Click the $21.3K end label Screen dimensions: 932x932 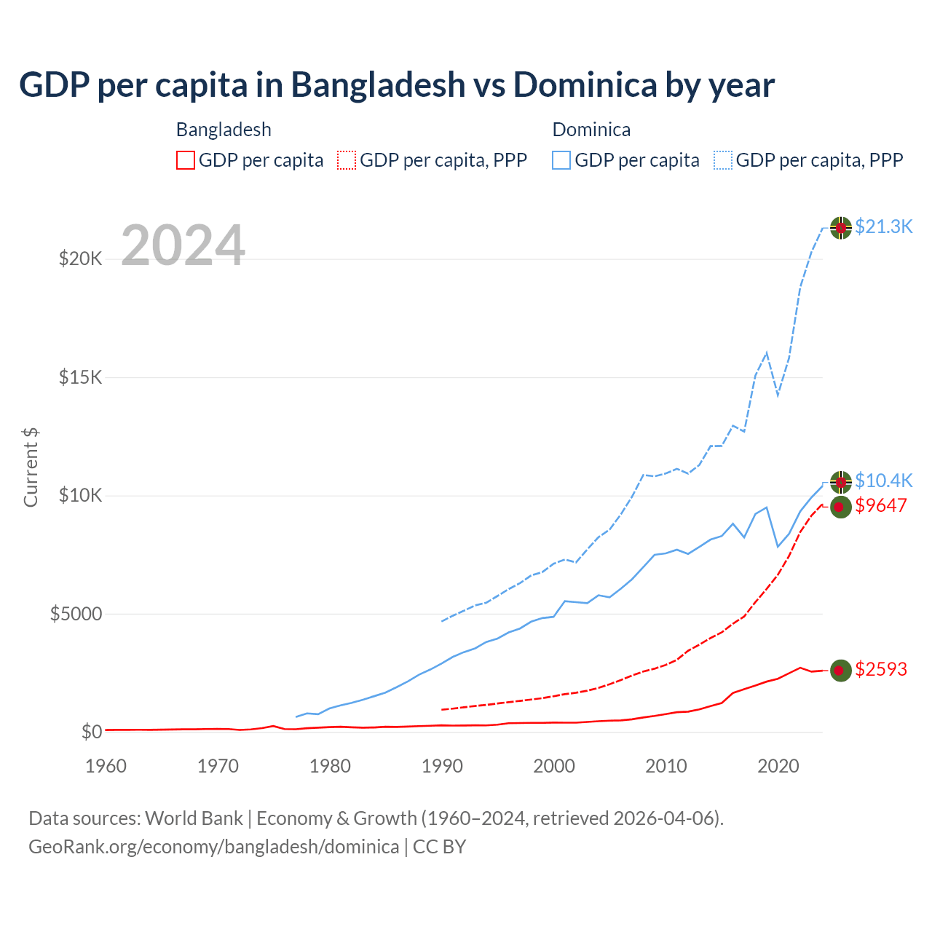pos(883,226)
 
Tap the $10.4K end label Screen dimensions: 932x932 pos(883,481)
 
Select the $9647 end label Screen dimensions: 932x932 pos(881,505)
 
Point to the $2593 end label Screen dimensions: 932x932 pos(881,669)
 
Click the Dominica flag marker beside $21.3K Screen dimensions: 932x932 pos(841,228)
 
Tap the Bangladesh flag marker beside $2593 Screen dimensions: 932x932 pos(841,670)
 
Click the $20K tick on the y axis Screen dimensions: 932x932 pos(80,258)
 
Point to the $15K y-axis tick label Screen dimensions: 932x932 pos(80,377)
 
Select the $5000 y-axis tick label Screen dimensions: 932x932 pos(76,614)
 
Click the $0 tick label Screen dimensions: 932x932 pos(92,732)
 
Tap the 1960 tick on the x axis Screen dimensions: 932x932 pos(106,766)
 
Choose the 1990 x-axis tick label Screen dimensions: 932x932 pos(443,766)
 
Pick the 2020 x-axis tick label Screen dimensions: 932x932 pos(778,766)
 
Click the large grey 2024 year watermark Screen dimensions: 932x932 pos(183,245)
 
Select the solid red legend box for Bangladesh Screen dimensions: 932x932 pos(186,160)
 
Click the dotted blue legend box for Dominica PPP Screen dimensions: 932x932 pos(723,160)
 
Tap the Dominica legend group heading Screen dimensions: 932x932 pos(591,130)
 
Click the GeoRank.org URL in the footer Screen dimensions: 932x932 pos(213,847)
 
